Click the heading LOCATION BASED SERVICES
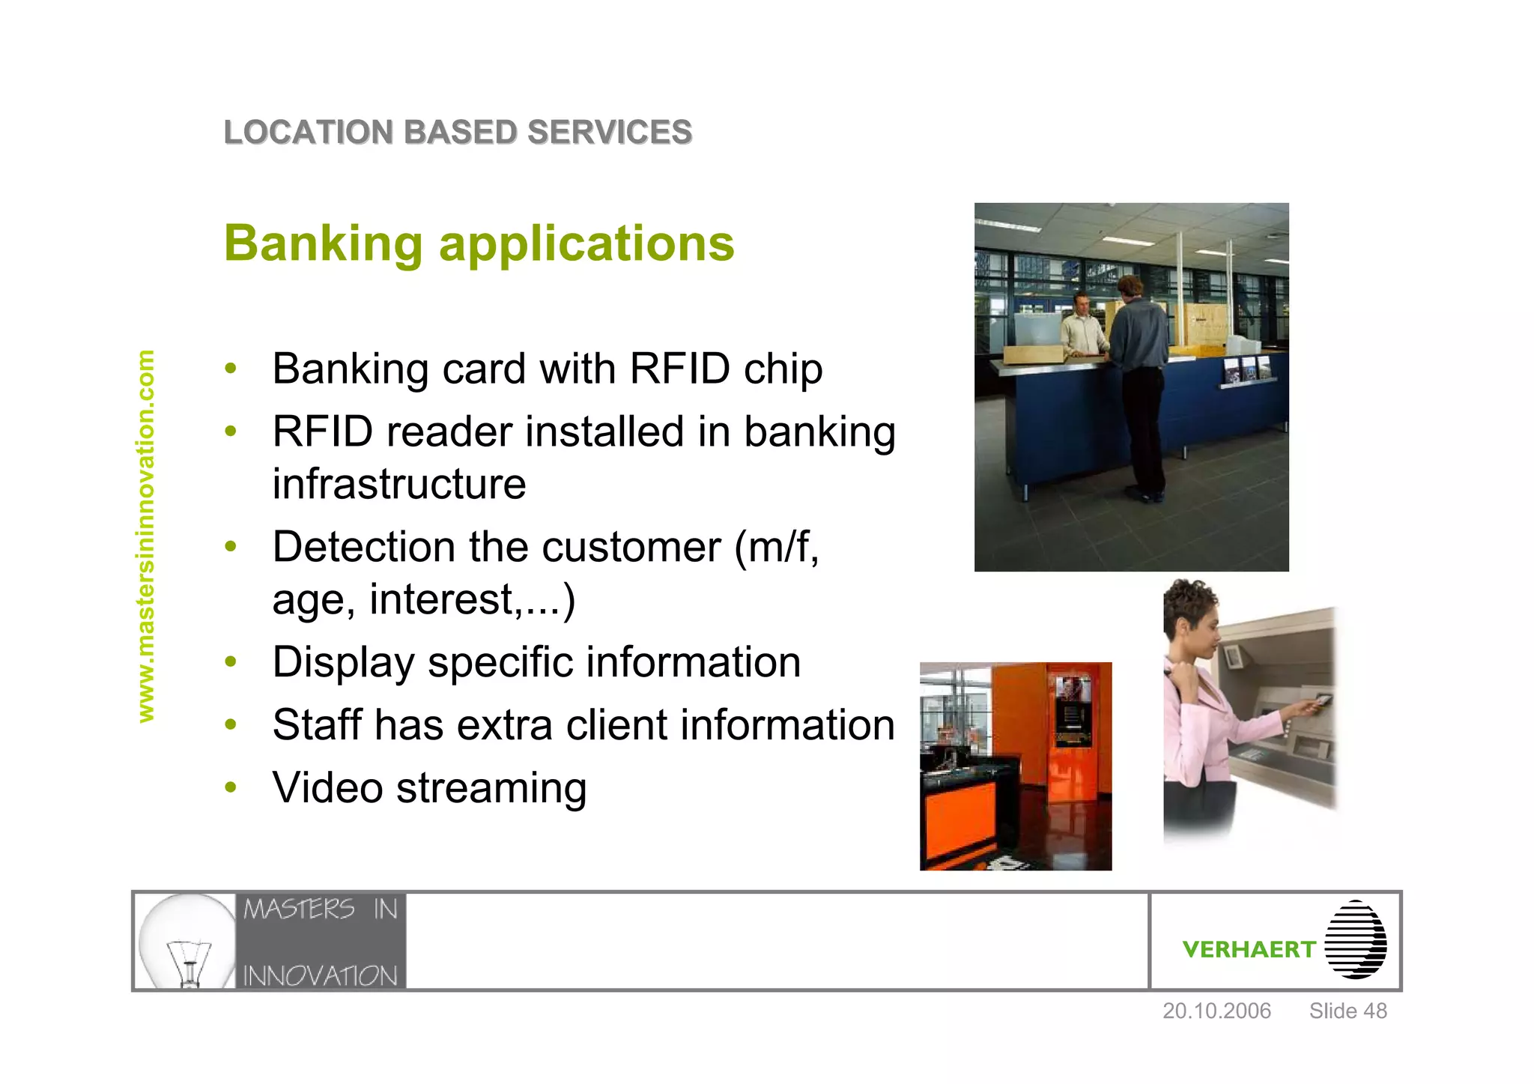pos(458,133)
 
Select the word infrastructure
pos(398,484)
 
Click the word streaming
pos(491,788)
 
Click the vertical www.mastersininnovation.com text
pos(145,536)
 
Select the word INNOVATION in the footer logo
pos(320,975)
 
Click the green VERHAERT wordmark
pos(1248,950)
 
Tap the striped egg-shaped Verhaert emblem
pos(1355,939)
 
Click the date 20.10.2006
pos(1216,1011)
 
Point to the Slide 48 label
pos(1347,1011)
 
